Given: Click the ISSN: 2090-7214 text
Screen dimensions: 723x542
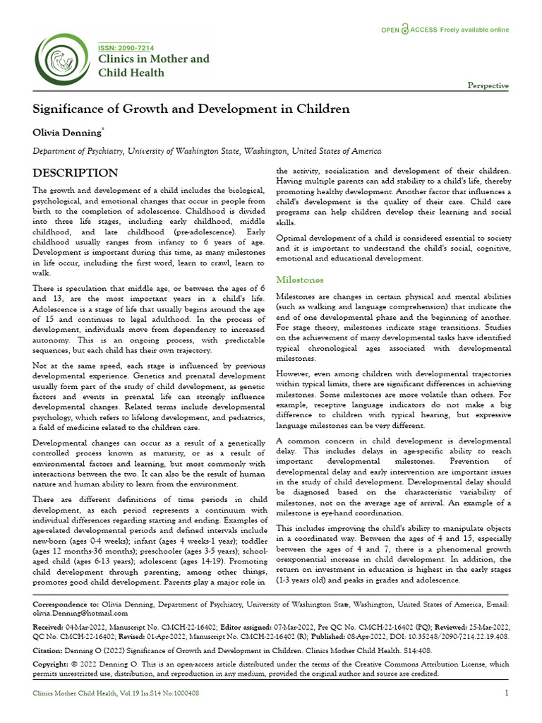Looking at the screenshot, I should click(126, 47).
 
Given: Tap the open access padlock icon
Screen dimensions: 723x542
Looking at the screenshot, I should click(404, 30).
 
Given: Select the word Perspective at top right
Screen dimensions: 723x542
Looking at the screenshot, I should click(488, 85).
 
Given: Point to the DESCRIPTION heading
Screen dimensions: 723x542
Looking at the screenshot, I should click(76, 173).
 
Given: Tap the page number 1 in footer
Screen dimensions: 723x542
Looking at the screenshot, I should click(507, 693).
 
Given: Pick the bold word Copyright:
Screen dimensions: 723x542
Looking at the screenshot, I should click(53, 664).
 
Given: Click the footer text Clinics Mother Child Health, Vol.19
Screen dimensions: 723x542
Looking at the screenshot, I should click(85, 693).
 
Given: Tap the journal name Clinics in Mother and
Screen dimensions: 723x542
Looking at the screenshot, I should click(153, 59).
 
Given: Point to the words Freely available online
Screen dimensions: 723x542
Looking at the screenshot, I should click(474, 30).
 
